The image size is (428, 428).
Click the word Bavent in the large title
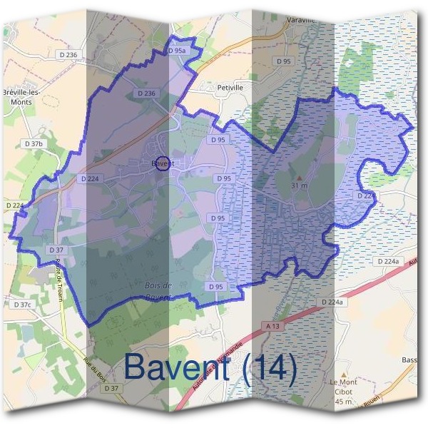coord(179,367)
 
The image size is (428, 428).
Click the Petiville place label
coord(230,88)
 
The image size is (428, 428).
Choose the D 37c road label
coord(22,305)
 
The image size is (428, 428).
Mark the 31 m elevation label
coord(299,185)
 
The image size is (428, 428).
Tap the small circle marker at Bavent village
coord(162,163)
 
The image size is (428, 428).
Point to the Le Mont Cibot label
coord(343,387)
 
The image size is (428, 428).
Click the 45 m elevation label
coord(343,402)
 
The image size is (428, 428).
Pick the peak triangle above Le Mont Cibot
coord(344,374)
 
